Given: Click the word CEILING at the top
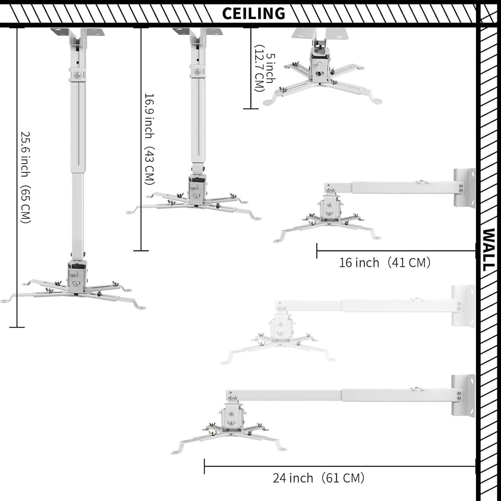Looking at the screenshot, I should (x=253, y=14).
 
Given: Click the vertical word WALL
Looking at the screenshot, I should (x=489, y=250).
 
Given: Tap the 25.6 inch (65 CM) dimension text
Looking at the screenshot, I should (x=26, y=177).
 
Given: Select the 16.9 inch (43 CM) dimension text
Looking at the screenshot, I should (x=149, y=139).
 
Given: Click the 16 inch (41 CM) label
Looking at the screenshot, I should (x=385, y=263).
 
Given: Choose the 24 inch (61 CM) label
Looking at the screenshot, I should (x=318, y=478).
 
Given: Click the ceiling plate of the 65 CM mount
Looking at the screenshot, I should (x=78, y=33).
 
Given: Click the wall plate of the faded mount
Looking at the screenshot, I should (x=463, y=306).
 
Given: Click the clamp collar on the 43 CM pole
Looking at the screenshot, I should (x=198, y=71).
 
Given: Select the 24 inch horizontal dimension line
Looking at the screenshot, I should (x=340, y=466).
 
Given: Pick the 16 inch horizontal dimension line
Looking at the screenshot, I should (x=396, y=251).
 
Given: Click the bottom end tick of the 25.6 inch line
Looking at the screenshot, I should (x=17, y=327).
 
